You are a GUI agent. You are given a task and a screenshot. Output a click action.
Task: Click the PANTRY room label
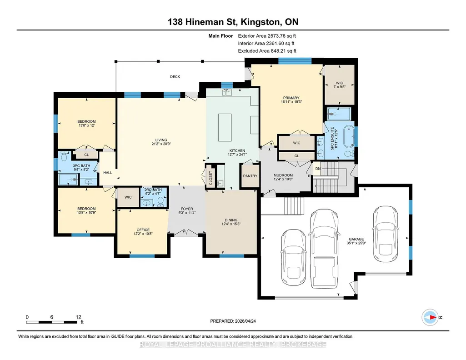pos(250,176)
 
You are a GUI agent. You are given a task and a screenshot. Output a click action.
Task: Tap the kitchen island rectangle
pos(225,127)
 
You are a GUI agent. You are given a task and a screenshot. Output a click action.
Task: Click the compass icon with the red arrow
pos(430,317)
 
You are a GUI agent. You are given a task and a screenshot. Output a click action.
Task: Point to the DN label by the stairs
pos(318,169)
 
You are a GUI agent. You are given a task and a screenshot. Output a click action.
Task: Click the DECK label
pos(175,77)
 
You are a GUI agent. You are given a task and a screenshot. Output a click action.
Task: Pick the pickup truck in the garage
pos(324,248)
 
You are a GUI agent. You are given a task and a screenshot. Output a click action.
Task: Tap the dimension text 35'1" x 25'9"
pos(356,243)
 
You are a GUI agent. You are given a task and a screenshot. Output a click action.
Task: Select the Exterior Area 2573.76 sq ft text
pos(267,36)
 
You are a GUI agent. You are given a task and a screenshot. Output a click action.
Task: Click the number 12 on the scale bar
pos(79,317)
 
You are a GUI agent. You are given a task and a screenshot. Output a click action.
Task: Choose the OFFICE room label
pos(143,230)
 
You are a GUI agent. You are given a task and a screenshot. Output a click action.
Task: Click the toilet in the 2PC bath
pos(160,201)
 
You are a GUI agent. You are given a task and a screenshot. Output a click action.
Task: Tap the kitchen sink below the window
pos(227,92)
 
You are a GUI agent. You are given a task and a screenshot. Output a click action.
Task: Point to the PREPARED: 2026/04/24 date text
pos(233,321)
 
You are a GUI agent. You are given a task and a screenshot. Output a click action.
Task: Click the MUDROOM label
pos(283,175)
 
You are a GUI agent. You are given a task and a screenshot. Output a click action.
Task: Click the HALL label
pos(108,173)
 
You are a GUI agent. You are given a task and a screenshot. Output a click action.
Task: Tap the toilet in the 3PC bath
pos(64,156)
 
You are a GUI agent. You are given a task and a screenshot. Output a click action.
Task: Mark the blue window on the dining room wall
pos(232,255)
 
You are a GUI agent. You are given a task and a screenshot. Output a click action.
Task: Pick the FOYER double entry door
pos(186,233)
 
